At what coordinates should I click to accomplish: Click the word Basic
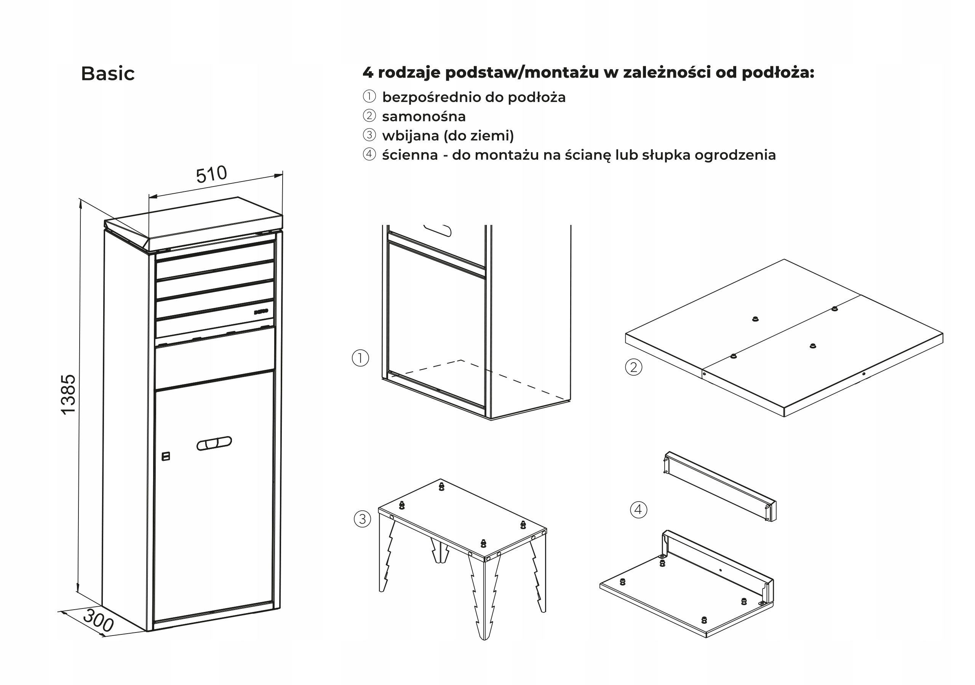pyautogui.click(x=107, y=73)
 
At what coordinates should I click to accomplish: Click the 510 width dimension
pyautogui.click(x=211, y=174)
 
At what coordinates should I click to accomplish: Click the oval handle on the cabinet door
pyautogui.click(x=214, y=443)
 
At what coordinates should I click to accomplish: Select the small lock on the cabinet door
pyautogui.click(x=166, y=456)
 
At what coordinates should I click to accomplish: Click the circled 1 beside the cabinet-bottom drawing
pyautogui.click(x=361, y=358)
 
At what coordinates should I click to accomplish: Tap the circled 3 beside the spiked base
pyautogui.click(x=362, y=519)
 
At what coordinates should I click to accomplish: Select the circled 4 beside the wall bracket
pyautogui.click(x=638, y=509)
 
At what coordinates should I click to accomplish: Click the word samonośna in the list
pyautogui.click(x=424, y=116)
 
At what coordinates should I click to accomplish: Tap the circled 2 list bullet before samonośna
pyautogui.click(x=369, y=116)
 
